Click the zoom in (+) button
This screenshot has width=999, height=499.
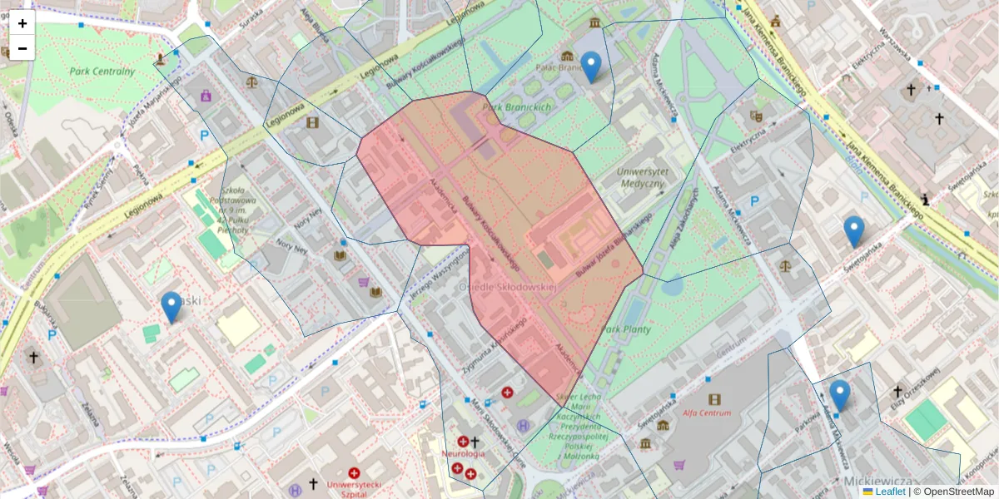pyautogui.click(x=22, y=23)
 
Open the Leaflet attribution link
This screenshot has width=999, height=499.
pyautogui.click(x=889, y=492)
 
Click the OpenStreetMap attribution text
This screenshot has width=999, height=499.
pyautogui.click(x=957, y=492)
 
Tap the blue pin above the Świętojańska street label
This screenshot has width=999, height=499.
pyautogui.click(x=853, y=231)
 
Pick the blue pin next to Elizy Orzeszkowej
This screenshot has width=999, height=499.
pyautogui.click(x=839, y=395)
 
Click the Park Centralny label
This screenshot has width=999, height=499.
pyautogui.click(x=102, y=72)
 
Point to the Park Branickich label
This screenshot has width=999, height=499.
pyautogui.click(x=517, y=107)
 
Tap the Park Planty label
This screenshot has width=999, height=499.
pyautogui.click(x=626, y=329)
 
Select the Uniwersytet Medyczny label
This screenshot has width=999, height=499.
pyautogui.click(x=643, y=177)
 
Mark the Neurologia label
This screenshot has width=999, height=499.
pyautogui.click(x=464, y=454)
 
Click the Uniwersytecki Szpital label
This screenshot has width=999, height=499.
pyautogui.click(x=355, y=488)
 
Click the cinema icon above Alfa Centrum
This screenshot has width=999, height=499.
pyautogui.click(x=714, y=399)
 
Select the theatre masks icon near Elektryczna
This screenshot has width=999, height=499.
pyautogui.click(x=756, y=116)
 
